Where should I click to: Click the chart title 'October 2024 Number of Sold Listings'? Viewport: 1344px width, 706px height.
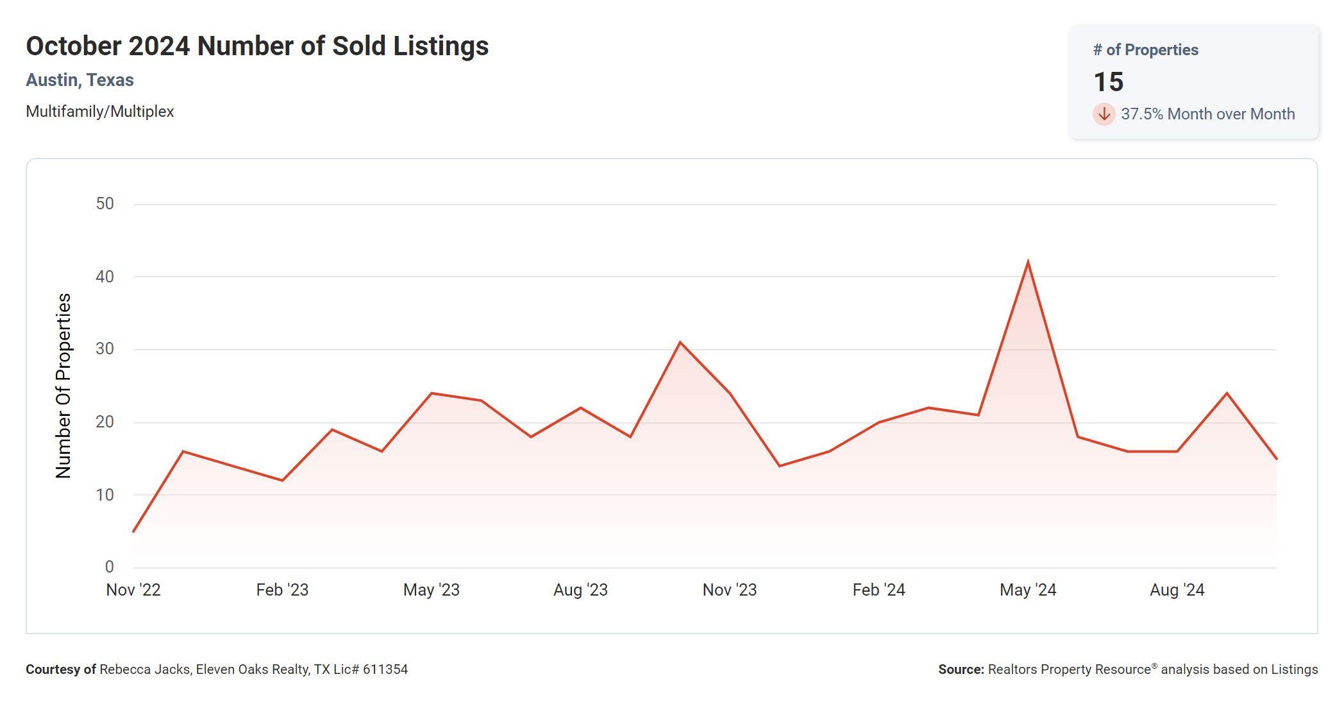pos(257,46)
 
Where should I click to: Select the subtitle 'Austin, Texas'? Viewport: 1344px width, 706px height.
pos(80,80)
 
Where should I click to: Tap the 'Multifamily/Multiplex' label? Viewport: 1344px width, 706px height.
pos(99,112)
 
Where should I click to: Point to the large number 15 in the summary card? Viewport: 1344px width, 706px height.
pos(1108,82)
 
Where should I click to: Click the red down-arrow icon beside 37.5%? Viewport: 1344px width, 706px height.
pos(1104,114)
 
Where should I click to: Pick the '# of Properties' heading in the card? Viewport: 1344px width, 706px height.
pos(1145,50)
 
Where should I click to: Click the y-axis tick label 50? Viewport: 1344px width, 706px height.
pos(105,204)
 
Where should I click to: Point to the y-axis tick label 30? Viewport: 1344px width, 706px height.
pos(105,349)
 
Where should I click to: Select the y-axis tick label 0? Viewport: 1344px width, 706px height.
pos(109,567)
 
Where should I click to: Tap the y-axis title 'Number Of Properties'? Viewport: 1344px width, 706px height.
pos(63,386)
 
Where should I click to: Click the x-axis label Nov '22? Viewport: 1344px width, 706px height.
pos(133,590)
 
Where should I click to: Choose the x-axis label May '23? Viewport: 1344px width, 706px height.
pos(431,590)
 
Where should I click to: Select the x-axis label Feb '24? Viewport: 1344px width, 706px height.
pos(878,590)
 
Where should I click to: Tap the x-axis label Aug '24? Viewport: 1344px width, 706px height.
pos(1177,590)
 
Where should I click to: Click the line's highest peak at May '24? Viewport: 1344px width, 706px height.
pos(1028,263)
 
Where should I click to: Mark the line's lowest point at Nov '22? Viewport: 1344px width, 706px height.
pos(133,531)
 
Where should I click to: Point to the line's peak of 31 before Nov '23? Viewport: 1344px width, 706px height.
pos(680,342)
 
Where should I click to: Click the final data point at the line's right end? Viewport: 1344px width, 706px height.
pos(1276,458)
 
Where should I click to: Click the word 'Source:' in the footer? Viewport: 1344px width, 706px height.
pos(961,669)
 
